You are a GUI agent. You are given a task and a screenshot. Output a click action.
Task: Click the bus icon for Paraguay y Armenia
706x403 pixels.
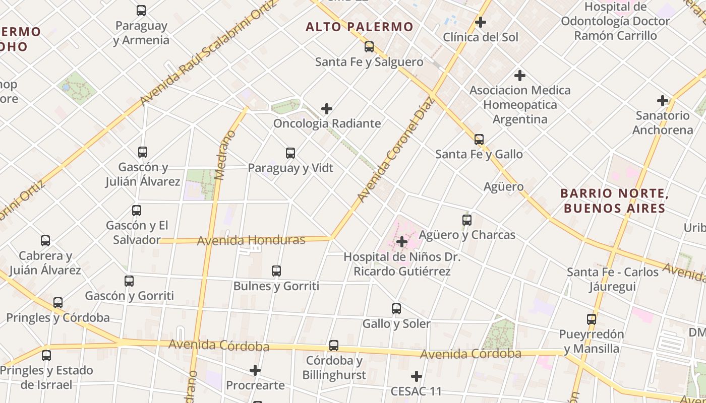coord(141,10)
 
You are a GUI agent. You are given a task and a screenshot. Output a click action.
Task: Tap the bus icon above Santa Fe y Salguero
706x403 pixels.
coord(369,47)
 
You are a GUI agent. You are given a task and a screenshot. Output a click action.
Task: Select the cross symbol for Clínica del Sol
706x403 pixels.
coord(481,22)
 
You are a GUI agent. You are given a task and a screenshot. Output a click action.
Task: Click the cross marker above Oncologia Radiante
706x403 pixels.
coord(327,108)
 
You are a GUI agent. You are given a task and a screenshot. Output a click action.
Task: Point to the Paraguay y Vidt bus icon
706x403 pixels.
coord(290,153)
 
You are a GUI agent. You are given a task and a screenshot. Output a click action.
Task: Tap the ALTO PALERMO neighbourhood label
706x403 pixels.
coord(359,27)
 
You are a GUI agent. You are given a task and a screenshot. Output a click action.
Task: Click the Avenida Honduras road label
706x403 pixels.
coord(251,240)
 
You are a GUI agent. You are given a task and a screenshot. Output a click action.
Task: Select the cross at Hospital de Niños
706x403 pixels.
coord(402,242)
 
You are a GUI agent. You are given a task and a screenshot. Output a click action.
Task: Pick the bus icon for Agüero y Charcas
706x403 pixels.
coord(467,220)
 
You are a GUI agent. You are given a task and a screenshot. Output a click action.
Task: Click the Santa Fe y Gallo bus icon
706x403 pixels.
coord(479,139)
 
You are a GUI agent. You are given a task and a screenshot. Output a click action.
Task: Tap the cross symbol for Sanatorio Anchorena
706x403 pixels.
coord(663,101)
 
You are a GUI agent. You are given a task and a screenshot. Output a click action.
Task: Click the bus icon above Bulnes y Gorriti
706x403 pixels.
coord(276,271)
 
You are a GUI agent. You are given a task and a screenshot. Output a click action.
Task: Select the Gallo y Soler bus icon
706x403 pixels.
coord(396,308)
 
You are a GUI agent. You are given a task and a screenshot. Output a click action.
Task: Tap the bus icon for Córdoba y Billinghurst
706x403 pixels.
coord(334,346)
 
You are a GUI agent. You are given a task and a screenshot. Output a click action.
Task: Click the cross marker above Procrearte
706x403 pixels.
coord(255,370)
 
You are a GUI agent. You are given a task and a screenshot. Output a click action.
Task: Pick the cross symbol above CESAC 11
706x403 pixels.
coord(417,376)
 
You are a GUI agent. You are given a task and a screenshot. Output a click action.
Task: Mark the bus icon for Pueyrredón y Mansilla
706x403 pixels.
coord(592,319)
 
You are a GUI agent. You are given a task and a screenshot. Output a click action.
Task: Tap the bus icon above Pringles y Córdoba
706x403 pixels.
coord(58,303)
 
